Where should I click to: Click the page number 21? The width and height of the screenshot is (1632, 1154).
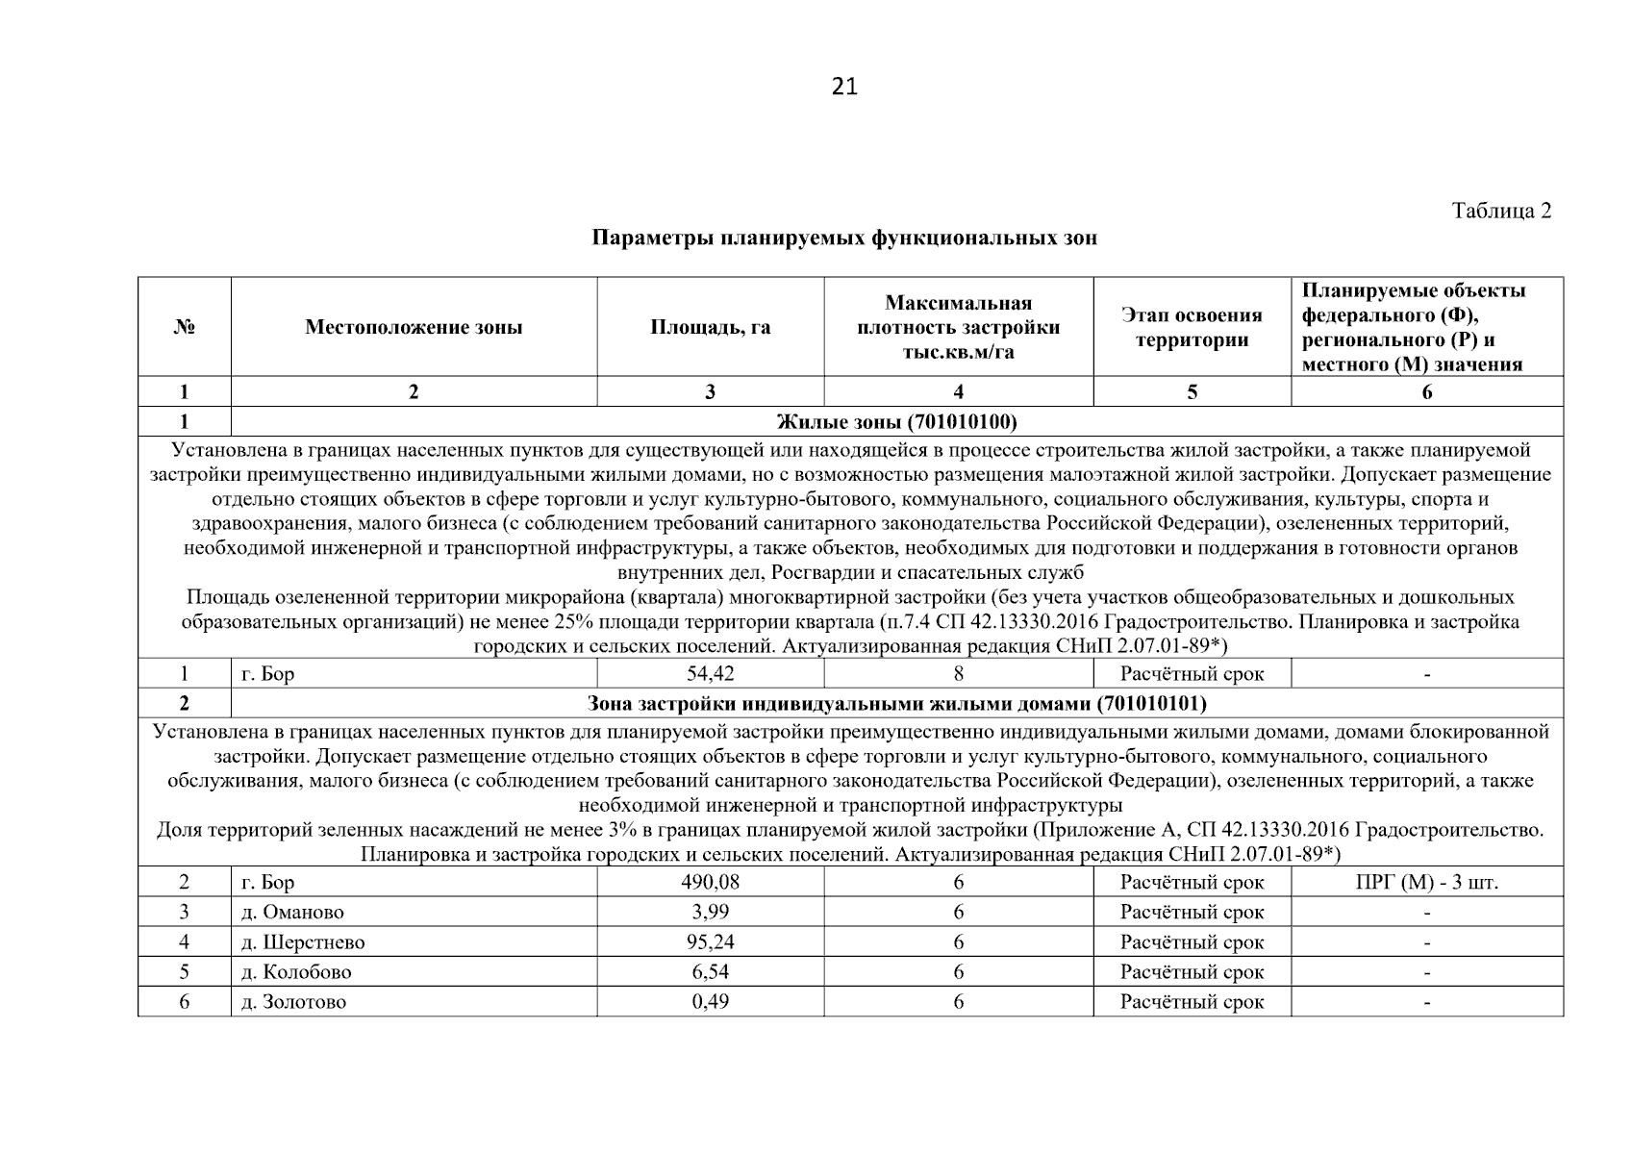click(843, 87)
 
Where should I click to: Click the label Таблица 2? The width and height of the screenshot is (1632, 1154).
click(1501, 211)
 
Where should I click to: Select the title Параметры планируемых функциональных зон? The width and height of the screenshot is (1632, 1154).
click(843, 238)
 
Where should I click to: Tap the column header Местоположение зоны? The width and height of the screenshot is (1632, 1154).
click(414, 327)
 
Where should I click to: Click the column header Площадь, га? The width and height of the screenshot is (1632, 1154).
click(710, 327)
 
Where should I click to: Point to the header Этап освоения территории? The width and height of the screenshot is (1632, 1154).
click(1192, 327)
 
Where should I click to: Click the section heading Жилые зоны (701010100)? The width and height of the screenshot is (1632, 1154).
click(896, 421)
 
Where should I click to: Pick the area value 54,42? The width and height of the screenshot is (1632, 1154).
click(710, 673)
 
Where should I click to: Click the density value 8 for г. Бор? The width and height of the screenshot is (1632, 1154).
click(958, 673)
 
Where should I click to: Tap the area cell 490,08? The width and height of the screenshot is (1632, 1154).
click(710, 882)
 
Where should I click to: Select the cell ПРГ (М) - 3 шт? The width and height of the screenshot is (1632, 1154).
click(1426, 882)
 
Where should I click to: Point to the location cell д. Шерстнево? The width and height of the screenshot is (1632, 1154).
click(303, 942)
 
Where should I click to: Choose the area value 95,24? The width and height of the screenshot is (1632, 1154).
click(710, 942)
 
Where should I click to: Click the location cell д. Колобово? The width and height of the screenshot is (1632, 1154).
click(296, 972)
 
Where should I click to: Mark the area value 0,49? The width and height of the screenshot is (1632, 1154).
click(710, 1002)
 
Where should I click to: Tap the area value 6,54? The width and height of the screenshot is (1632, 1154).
click(710, 972)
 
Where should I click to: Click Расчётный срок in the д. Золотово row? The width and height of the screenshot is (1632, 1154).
click(1192, 1002)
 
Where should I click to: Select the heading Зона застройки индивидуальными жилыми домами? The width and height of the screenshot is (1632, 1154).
click(896, 703)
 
